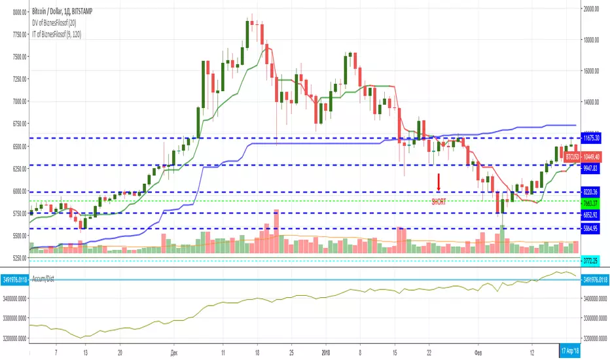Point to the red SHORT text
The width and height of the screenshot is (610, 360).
click(x=439, y=202)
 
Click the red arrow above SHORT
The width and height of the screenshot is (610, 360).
click(x=439, y=181)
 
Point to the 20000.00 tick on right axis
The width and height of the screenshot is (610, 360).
click(x=593, y=9)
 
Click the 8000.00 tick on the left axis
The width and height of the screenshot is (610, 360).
click(x=14, y=11)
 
